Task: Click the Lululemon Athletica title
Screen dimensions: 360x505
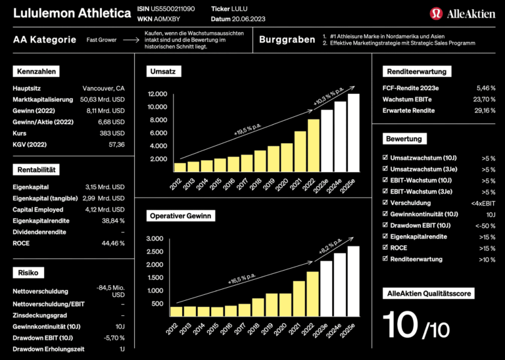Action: pos(70,13)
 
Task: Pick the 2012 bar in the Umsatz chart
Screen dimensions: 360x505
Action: pos(180,167)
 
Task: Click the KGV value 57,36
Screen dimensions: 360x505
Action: pos(116,144)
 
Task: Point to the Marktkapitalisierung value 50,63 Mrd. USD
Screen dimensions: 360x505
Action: pos(102,99)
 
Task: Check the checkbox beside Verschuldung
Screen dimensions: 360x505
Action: pos(385,203)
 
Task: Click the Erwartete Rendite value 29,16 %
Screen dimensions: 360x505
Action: pos(485,110)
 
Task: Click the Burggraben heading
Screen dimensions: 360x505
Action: pos(287,40)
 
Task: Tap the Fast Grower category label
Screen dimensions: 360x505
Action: pos(101,40)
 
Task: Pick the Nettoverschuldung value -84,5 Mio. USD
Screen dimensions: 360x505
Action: pos(110,290)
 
